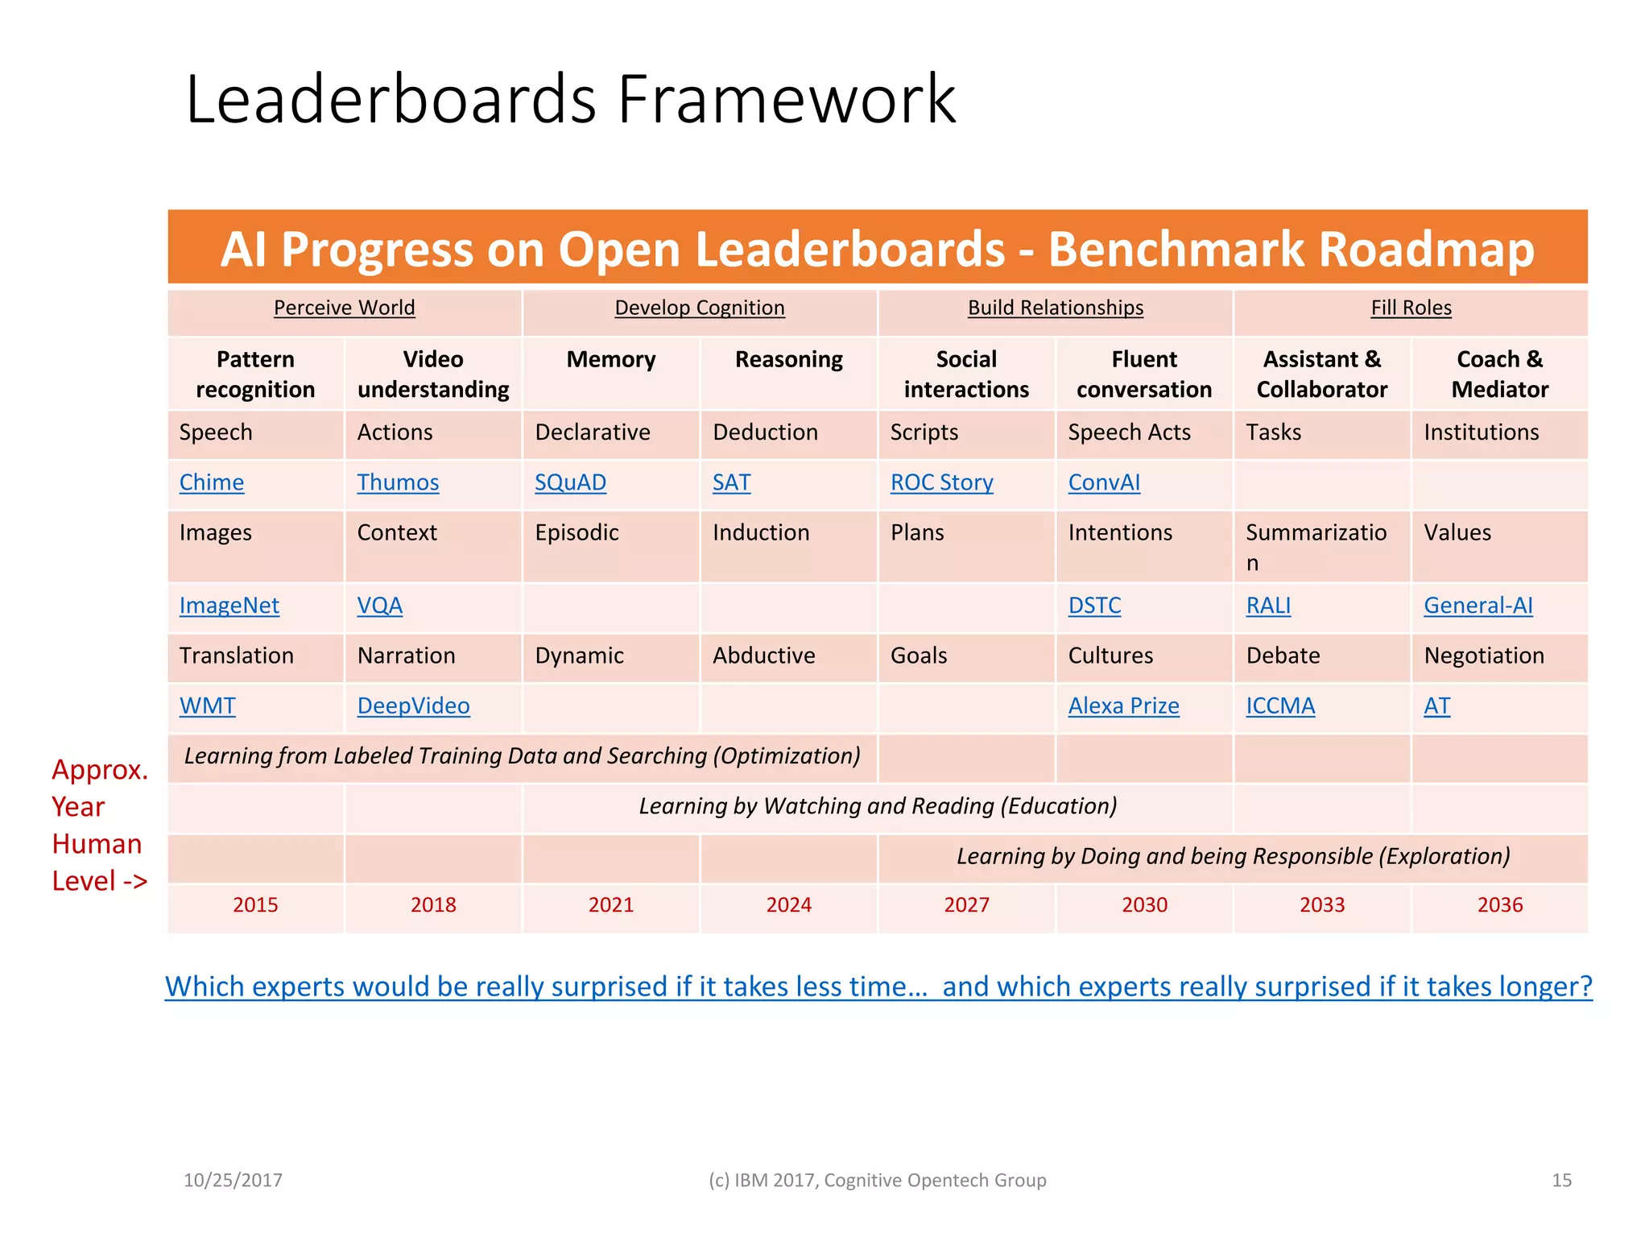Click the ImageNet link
[x=229, y=606]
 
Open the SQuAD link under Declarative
[x=570, y=482]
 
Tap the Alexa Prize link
[x=1123, y=706]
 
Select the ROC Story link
[x=941, y=482]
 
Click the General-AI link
[x=1477, y=606]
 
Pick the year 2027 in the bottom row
[x=966, y=905]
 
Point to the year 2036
[x=1499, y=905]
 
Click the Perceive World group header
[x=344, y=308]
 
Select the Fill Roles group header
[x=1411, y=308]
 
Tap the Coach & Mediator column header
[x=1499, y=374]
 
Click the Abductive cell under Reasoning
[x=763, y=656]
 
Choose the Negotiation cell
[x=1483, y=656]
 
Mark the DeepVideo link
[x=413, y=706]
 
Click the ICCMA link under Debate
[x=1280, y=706]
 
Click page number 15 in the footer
[x=1561, y=1181]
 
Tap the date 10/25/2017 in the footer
[x=233, y=1181]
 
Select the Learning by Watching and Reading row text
[x=878, y=806]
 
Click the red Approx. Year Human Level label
[x=98, y=825]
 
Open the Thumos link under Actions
[x=398, y=482]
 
